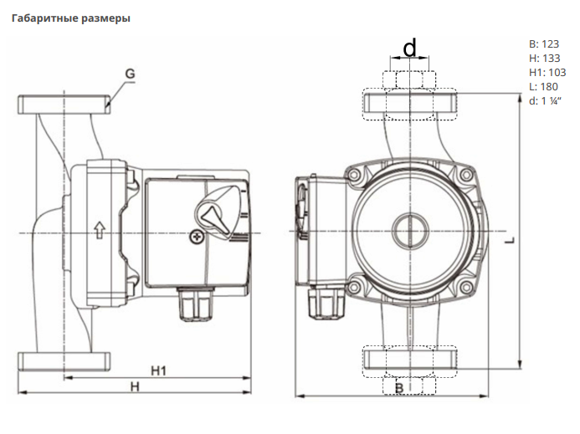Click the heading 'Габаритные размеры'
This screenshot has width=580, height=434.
click(70, 18)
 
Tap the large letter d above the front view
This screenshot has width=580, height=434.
click(409, 49)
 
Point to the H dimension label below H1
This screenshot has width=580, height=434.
click(133, 385)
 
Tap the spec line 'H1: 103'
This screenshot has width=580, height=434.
click(547, 72)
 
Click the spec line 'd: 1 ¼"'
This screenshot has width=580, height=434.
click(546, 100)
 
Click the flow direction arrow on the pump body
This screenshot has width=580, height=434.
click(99, 229)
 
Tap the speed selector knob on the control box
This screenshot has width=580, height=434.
click(219, 215)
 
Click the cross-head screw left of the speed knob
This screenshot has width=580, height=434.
click(197, 237)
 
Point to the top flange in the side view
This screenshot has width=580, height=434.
click(64, 105)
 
